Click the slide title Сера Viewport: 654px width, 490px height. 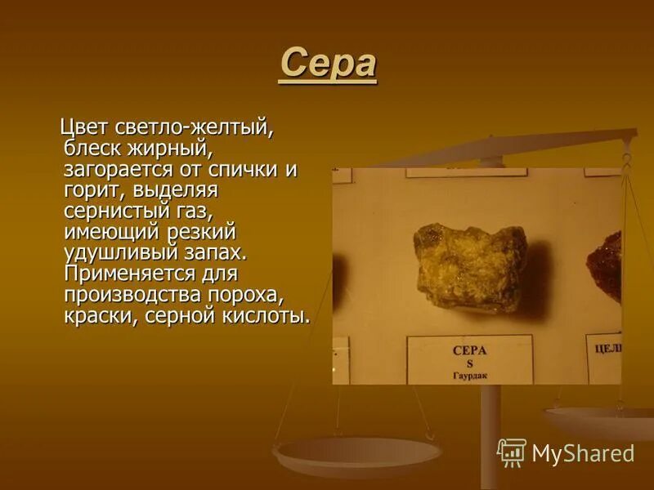pos(328,65)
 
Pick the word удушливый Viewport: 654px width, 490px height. pos(123,253)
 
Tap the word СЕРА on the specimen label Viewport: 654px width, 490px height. pos(469,350)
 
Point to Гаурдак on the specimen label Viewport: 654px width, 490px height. pos(469,375)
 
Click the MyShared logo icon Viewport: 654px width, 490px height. pos(512,452)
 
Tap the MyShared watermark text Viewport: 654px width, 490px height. pos(583,453)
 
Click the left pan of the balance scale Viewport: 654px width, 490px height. pos(357,453)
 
